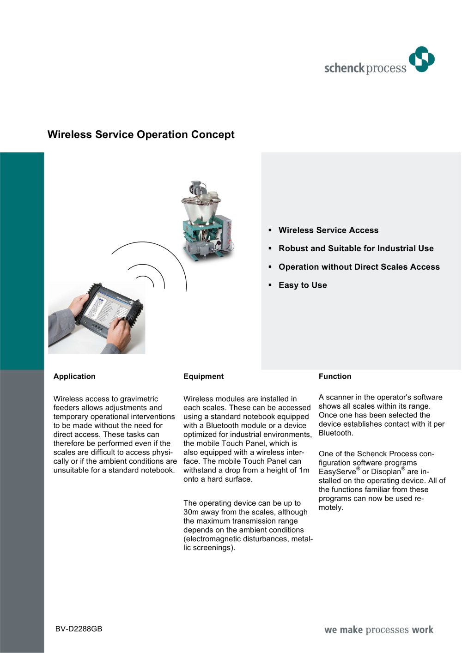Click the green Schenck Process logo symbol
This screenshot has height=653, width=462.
tap(422, 59)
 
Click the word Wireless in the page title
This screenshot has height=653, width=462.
tap(70, 135)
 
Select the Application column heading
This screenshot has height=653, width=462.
tap(74, 376)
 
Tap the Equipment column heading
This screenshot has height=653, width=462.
tap(203, 376)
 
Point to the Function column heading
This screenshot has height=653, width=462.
tap(335, 376)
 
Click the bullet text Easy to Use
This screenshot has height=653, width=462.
tap(303, 285)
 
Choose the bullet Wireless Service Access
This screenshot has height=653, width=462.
tap(328, 230)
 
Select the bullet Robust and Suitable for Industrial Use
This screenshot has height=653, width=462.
tap(356, 248)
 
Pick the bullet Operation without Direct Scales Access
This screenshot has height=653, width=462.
tap(359, 267)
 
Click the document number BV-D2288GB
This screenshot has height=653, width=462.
tap(79, 629)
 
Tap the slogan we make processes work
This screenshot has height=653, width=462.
tap(379, 630)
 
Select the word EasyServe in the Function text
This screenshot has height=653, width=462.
tap(337, 472)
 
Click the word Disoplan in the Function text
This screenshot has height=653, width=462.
tap(386, 472)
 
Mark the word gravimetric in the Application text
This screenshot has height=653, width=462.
tap(139, 399)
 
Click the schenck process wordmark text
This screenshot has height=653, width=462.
tap(365, 68)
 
